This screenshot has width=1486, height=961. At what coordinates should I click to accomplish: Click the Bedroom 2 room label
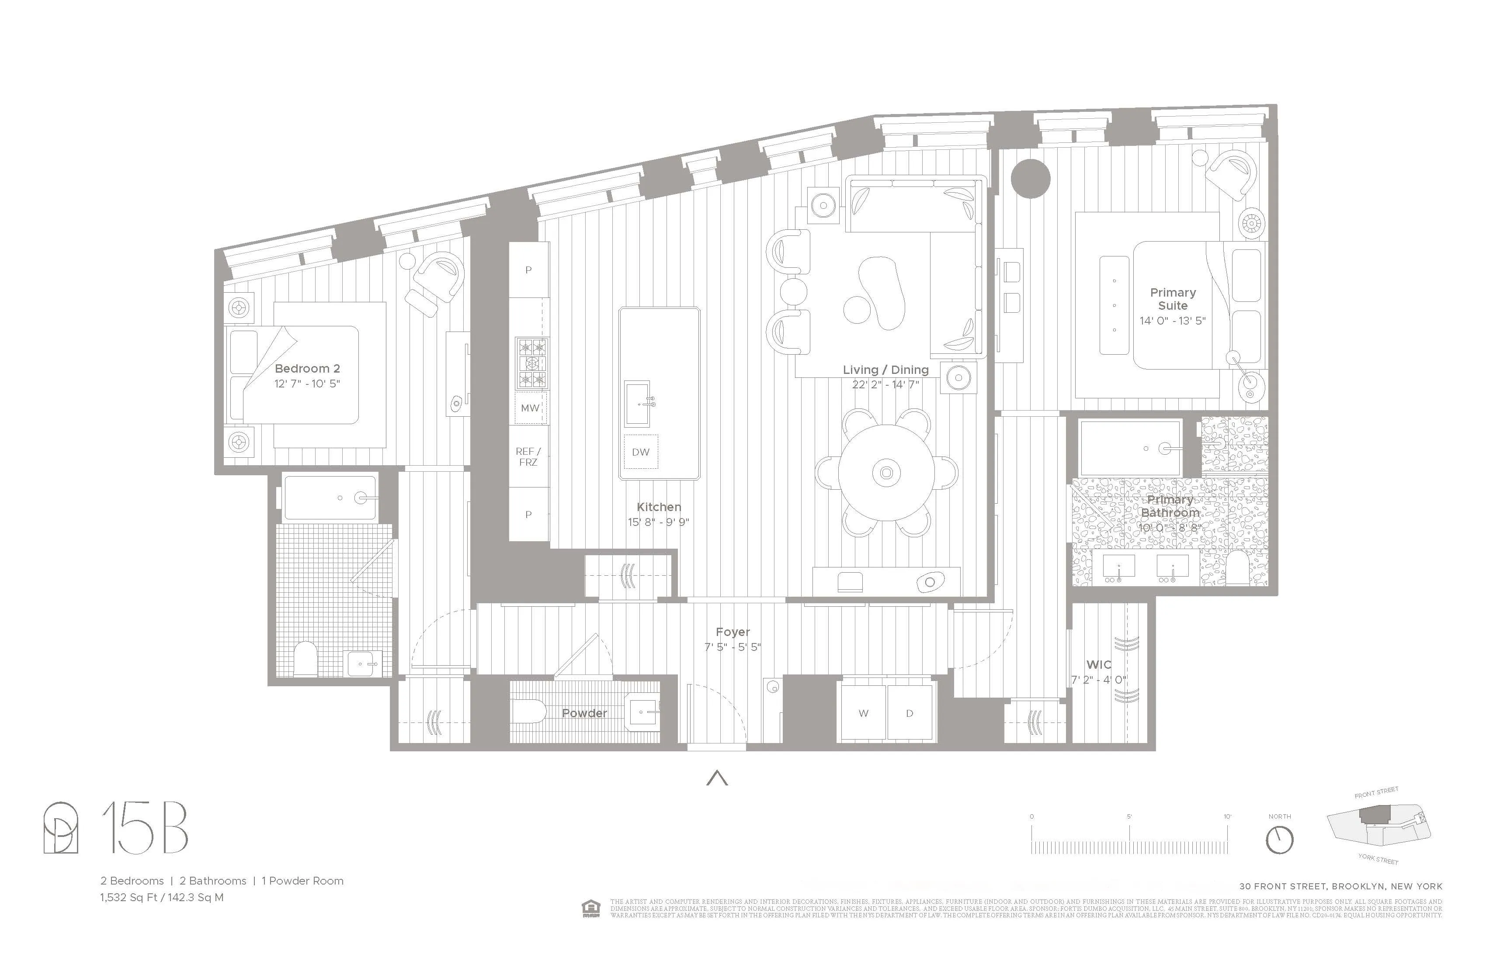[x=307, y=369]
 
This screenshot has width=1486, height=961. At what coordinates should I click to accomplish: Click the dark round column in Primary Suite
[x=1030, y=179]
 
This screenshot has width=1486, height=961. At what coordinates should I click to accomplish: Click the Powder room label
[x=584, y=713]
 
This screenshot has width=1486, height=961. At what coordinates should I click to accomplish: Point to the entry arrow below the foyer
[x=717, y=778]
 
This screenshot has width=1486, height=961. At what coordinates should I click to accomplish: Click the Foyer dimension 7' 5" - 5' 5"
[x=733, y=647]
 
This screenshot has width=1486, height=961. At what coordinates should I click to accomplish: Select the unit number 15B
[x=145, y=828]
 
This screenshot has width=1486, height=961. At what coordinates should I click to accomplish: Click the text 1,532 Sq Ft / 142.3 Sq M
[x=162, y=897]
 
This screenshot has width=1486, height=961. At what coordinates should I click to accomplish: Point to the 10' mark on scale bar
[x=1228, y=817]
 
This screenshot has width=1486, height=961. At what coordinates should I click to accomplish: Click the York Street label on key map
[x=1378, y=859]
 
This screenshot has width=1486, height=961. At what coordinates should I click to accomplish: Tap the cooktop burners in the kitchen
[x=531, y=363]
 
